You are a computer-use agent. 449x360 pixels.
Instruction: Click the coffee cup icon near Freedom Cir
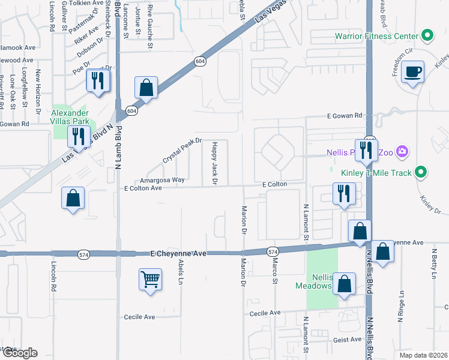click(x=412, y=73)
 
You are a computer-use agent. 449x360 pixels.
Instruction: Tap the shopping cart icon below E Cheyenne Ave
click(x=150, y=279)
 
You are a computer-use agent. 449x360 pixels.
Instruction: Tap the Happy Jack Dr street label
click(x=214, y=163)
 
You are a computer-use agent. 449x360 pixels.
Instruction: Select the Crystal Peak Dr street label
click(x=181, y=151)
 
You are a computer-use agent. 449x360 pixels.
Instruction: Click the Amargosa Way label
click(x=162, y=179)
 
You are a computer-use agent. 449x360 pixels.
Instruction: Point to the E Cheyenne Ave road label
click(x=178, y=254)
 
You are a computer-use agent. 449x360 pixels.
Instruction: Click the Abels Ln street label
click(x=181, y=272)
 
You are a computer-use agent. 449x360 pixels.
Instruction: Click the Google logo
click(x=19, y=353)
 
